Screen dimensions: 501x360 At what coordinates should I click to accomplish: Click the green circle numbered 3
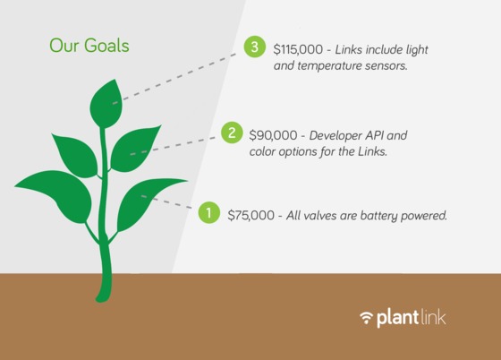pyautogui.click(x=255, y=47)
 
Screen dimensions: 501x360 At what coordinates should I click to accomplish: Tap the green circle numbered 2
pyautogui.click(x=232, y=133)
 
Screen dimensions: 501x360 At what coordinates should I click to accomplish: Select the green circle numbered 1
pyautogui.click(x=209, y=212)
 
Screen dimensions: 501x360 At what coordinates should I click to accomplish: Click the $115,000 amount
pyautogui.click(x=298, y=49)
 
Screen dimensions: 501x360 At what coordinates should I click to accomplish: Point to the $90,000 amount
pyautogui.click(x=273, y=135)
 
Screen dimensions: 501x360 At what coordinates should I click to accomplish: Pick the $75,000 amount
pyautogui.click(x=250, y=215)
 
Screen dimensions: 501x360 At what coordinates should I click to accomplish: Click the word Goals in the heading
pyautogui.click(x=106, y=46)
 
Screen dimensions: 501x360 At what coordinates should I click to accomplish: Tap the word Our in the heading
pyautogui.click(x=64, y=46)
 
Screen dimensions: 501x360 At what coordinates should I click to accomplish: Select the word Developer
pyautogui.click(x=335, y=136)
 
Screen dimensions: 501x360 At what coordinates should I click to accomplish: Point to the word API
pyautogui.click(x=374, y=135)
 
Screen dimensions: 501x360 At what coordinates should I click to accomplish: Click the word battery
pyautogui.click(x=378, y=216)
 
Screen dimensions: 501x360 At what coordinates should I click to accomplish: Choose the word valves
pyautogui.click(x=320, y=215)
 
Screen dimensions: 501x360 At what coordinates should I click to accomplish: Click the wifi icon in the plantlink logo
pyautogui.click(x=366, y=317)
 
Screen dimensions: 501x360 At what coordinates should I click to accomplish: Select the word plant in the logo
pyautogui.click(x=397, y=318)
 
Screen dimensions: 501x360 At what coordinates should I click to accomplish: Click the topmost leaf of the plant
pyautogui.click(x=106, y=104)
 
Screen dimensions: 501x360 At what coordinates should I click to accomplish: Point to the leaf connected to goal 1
pyautogui.click(x=148, y=202)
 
